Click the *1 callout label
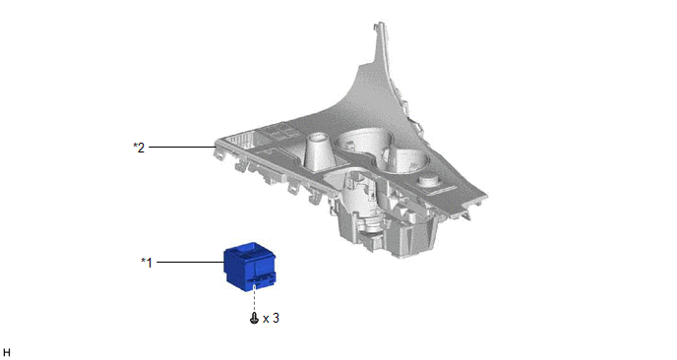pyautogui.click(x=147, y=262)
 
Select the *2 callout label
pyautogui.click(x=139, y=148)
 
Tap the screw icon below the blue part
pyautogui.click(x=254, y=319)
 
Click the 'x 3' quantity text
pyautogui.click(x=271, y=318)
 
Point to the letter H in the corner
pyautogui.click(x=6, y=353)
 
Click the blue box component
pyautogui.click(x=250, y=267)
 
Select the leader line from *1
pyautogui.click(x=190, y=262)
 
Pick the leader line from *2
pyautogui.click(x=182, y=148)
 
